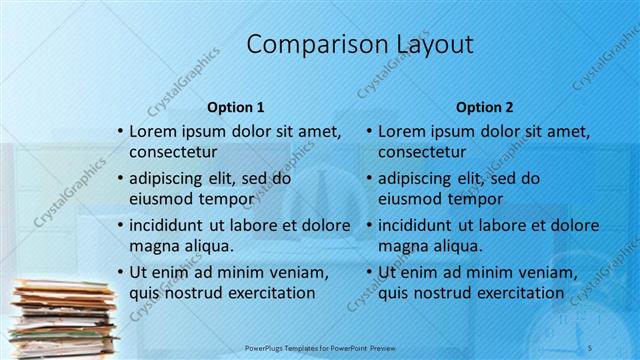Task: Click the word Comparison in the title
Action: [306, 45]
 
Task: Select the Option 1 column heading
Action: [236, 107]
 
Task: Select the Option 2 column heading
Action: [485, 107]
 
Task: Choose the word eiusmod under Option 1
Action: [162, 199]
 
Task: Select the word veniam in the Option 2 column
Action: [544, 273]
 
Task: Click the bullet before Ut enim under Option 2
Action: [370, 273]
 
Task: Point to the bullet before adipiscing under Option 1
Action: [121, 179]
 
